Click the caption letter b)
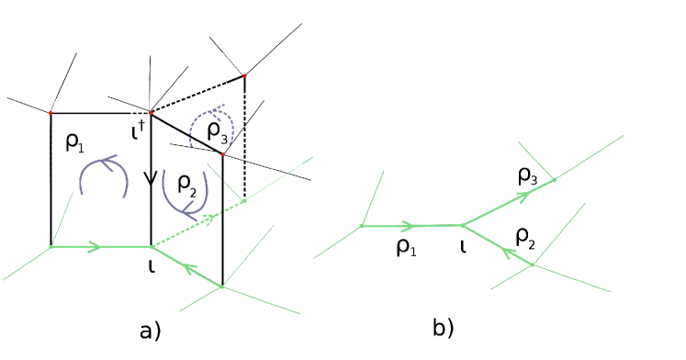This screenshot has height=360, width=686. (444, 326)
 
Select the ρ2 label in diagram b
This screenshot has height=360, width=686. (528, 238)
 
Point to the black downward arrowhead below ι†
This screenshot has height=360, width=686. (151, 183)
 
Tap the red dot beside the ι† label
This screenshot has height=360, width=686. (152, 112)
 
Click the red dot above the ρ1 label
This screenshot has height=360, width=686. (51, 113)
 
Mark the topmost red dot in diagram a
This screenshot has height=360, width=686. (244, 74)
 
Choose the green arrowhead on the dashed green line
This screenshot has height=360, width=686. (215, 218)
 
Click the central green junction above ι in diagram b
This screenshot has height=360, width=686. (461, 224)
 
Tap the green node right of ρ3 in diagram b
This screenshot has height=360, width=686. (554, 180)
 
